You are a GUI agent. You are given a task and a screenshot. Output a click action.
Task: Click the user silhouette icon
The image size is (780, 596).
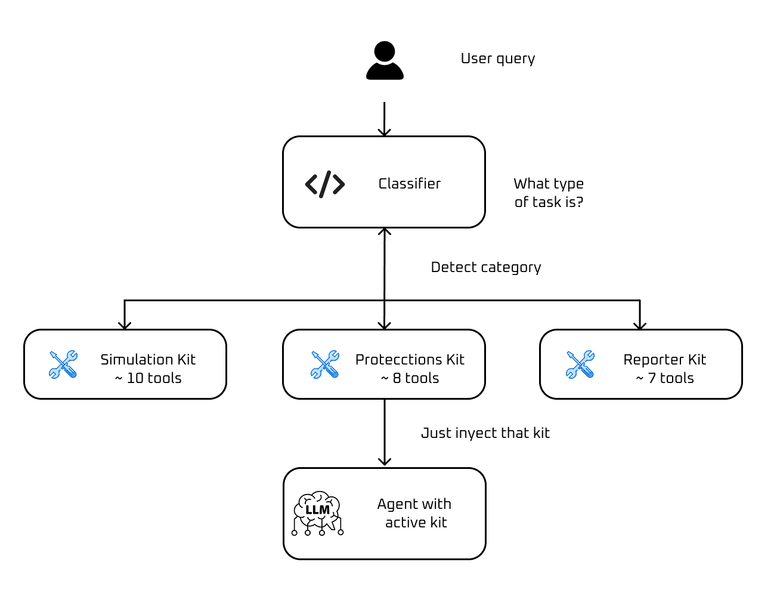385,60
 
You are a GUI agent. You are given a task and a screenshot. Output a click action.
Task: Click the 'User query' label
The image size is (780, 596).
497,58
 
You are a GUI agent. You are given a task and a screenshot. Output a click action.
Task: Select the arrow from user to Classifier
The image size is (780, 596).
385,119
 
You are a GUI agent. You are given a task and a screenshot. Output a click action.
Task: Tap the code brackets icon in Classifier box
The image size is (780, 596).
325,184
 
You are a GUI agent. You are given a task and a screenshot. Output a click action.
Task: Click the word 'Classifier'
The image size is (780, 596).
409,184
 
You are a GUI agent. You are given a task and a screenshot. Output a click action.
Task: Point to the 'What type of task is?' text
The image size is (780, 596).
549,193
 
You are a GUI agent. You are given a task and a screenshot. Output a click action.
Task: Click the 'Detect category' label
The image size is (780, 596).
485,267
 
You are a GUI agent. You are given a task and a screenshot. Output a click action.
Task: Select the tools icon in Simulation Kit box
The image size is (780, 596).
63,365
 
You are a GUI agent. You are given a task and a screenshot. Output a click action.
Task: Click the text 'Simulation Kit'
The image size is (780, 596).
148,360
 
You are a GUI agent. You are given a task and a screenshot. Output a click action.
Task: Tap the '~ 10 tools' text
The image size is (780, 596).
148,378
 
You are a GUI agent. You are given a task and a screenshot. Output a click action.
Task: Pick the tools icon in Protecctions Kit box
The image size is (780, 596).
325,365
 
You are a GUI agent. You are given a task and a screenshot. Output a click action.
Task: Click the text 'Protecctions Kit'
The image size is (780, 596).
410,360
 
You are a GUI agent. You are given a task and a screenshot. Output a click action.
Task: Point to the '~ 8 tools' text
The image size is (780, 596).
410,378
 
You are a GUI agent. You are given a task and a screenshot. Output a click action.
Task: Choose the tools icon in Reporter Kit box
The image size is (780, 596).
580,365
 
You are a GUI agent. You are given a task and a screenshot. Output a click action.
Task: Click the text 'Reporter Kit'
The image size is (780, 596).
664,360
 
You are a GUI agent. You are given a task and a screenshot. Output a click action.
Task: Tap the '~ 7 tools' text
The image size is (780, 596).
664,378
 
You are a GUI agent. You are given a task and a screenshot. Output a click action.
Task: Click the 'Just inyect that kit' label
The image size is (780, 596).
485,433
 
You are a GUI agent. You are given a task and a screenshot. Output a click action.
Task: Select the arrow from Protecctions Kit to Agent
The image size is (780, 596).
385,433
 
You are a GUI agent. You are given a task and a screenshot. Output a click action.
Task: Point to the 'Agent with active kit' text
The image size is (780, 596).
415,513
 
